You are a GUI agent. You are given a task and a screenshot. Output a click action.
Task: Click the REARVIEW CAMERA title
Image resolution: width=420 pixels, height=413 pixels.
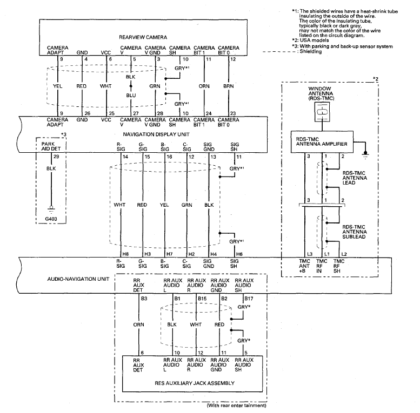coord(143,37)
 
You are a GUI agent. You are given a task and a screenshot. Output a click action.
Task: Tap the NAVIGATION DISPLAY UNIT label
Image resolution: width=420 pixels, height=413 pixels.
coord(156,134)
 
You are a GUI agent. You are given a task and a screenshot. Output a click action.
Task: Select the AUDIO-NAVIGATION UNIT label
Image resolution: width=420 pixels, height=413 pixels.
coord(78,279)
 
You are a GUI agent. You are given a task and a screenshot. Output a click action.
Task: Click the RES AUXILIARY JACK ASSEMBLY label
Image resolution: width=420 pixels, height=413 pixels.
coord(195,383)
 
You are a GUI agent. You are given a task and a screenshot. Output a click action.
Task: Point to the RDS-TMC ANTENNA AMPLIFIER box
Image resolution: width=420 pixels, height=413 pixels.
coord(322,142)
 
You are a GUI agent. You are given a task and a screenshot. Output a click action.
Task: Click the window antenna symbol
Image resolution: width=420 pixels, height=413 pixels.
coord(322,112)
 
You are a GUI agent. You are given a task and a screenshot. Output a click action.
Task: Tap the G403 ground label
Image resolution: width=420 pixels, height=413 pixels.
coord(51,219)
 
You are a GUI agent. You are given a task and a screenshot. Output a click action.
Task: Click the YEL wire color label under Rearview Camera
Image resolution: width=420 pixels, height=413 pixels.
coord(58,86)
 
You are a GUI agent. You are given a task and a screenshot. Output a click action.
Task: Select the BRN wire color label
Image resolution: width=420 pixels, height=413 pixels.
coord(229,86)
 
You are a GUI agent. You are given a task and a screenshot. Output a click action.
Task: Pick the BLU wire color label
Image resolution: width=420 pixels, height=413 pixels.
coord(131,95)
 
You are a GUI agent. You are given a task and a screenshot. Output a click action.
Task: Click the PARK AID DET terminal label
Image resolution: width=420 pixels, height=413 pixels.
coord(51,146)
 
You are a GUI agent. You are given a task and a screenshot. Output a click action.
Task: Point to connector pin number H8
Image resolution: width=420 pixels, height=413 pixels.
coord(125,254)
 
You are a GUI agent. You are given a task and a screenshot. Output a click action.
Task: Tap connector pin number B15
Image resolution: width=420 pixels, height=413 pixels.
coord(202,299)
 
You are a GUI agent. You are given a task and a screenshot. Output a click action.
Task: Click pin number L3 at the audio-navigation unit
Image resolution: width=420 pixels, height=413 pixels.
coord(310,254)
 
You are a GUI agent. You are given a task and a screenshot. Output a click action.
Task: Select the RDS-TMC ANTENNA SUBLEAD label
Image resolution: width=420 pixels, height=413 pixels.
coord(354,232)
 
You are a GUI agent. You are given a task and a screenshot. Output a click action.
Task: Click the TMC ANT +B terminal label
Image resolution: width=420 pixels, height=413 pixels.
coord(304,266)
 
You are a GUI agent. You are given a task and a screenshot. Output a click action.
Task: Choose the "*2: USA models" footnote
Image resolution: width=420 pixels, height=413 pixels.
coord(310,40)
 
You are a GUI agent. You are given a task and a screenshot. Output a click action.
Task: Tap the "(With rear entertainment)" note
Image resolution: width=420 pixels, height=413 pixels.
coord(237,405)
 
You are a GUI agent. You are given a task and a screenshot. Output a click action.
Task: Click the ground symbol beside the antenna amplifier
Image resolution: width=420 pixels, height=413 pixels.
coord(365,154)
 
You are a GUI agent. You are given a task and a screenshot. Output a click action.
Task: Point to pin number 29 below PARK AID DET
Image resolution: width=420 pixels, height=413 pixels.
coord(56,157)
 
